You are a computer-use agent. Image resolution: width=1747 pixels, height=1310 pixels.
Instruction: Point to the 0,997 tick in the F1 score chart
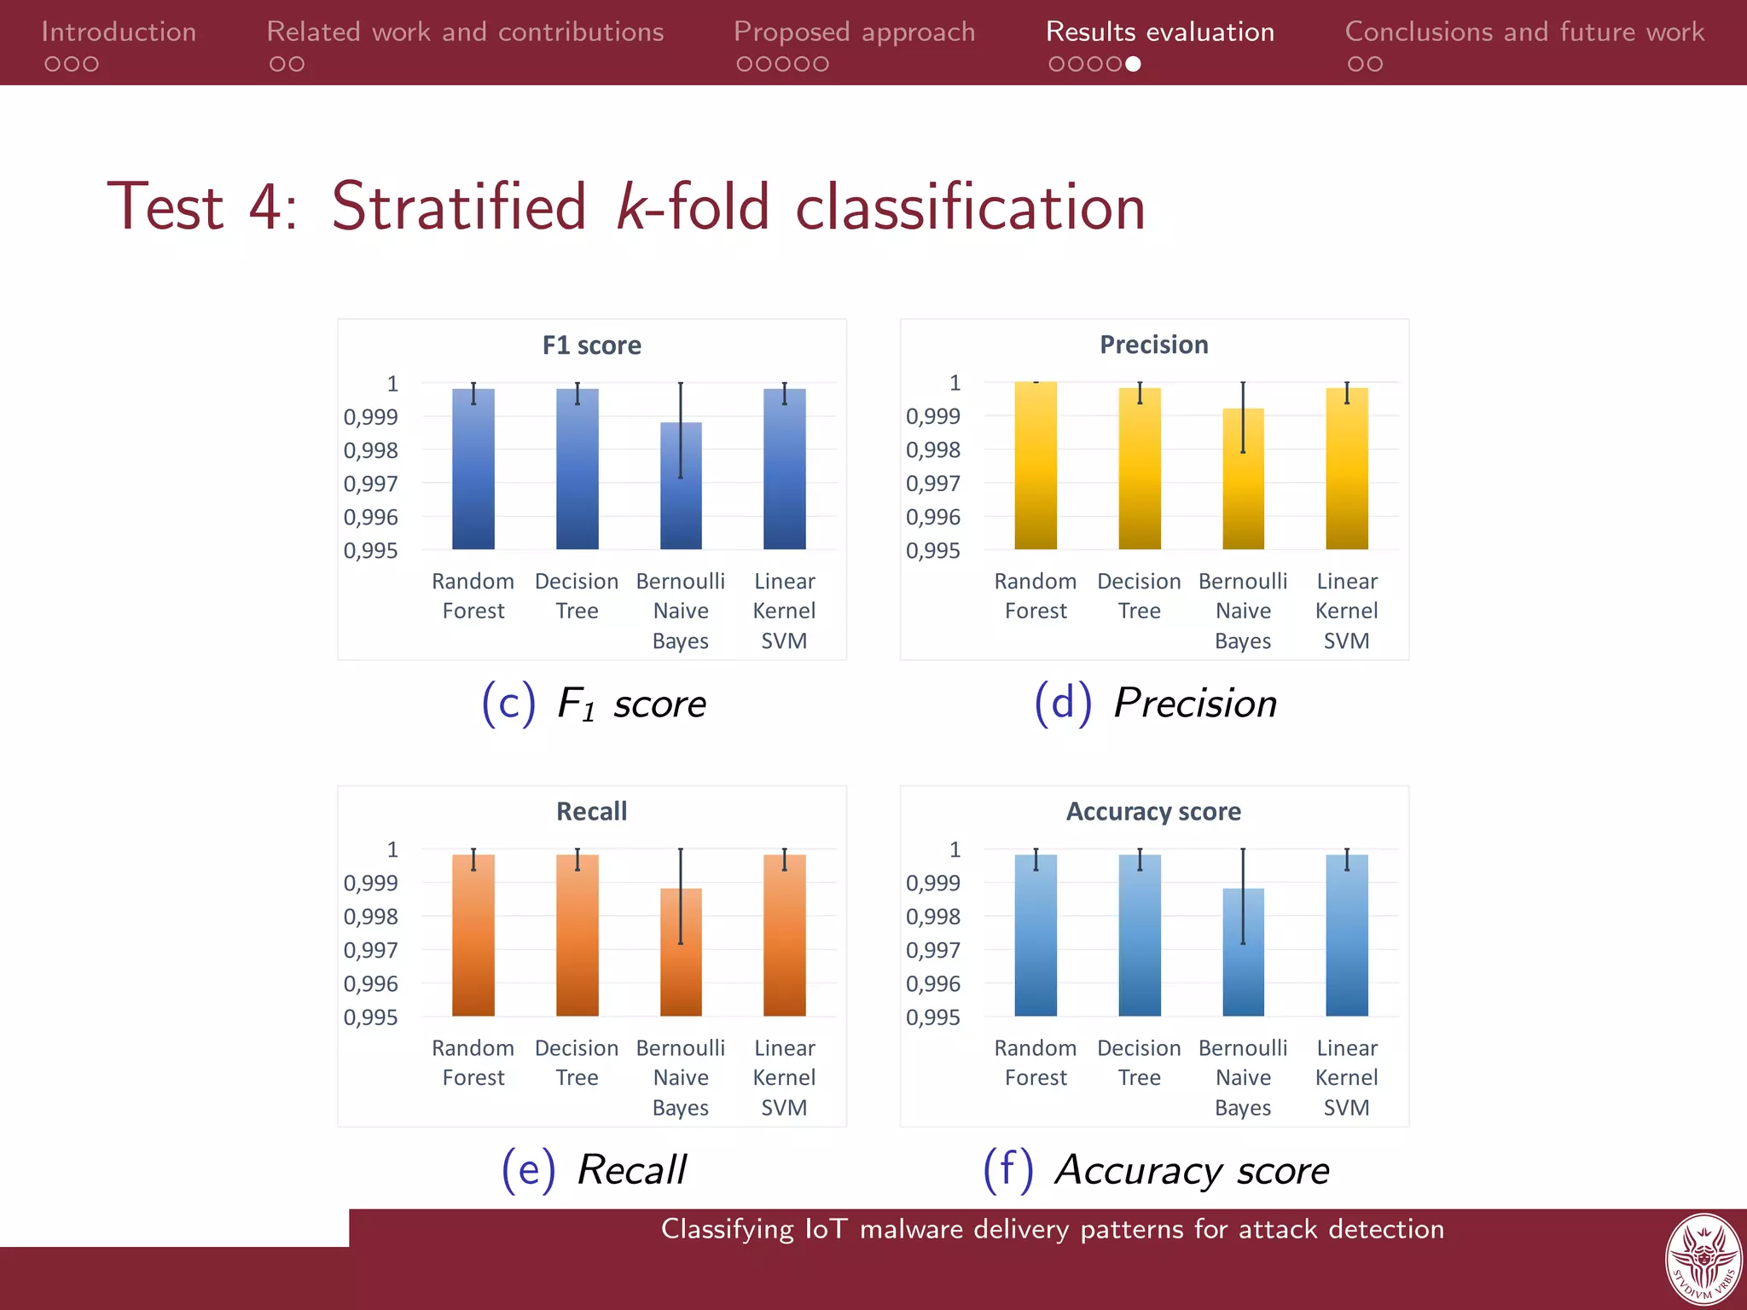click(370, 484)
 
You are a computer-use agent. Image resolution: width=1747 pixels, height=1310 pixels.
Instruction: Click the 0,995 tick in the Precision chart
click(933, 551)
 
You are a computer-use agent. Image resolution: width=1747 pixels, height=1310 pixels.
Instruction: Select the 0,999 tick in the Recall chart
click(370, 883)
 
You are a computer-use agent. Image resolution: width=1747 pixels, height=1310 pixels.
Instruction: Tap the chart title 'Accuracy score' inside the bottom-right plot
click(1153, 811)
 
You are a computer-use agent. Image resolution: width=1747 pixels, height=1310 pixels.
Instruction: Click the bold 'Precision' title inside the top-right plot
click(1153, 345)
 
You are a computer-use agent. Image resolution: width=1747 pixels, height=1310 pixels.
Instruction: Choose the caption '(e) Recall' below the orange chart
click(594, 1169)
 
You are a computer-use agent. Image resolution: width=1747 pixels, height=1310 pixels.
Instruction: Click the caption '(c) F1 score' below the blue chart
click(594, 704)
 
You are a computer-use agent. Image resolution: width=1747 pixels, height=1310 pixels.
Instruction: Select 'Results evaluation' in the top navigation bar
click(1159, 32)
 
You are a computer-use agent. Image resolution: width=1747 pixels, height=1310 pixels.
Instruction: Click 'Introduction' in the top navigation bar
click(119, 32)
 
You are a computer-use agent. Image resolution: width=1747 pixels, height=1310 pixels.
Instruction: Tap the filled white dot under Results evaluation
click(1133, 64)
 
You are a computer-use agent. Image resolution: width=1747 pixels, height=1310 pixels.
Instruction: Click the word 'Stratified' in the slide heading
click(459, 207)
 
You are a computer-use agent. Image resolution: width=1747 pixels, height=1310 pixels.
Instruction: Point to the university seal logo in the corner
click(1703, 1259)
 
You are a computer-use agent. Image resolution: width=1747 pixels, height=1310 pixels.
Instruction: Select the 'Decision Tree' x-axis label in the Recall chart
click(577, 1062)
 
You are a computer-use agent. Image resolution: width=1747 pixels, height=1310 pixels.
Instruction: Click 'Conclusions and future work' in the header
click(1524, 32)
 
